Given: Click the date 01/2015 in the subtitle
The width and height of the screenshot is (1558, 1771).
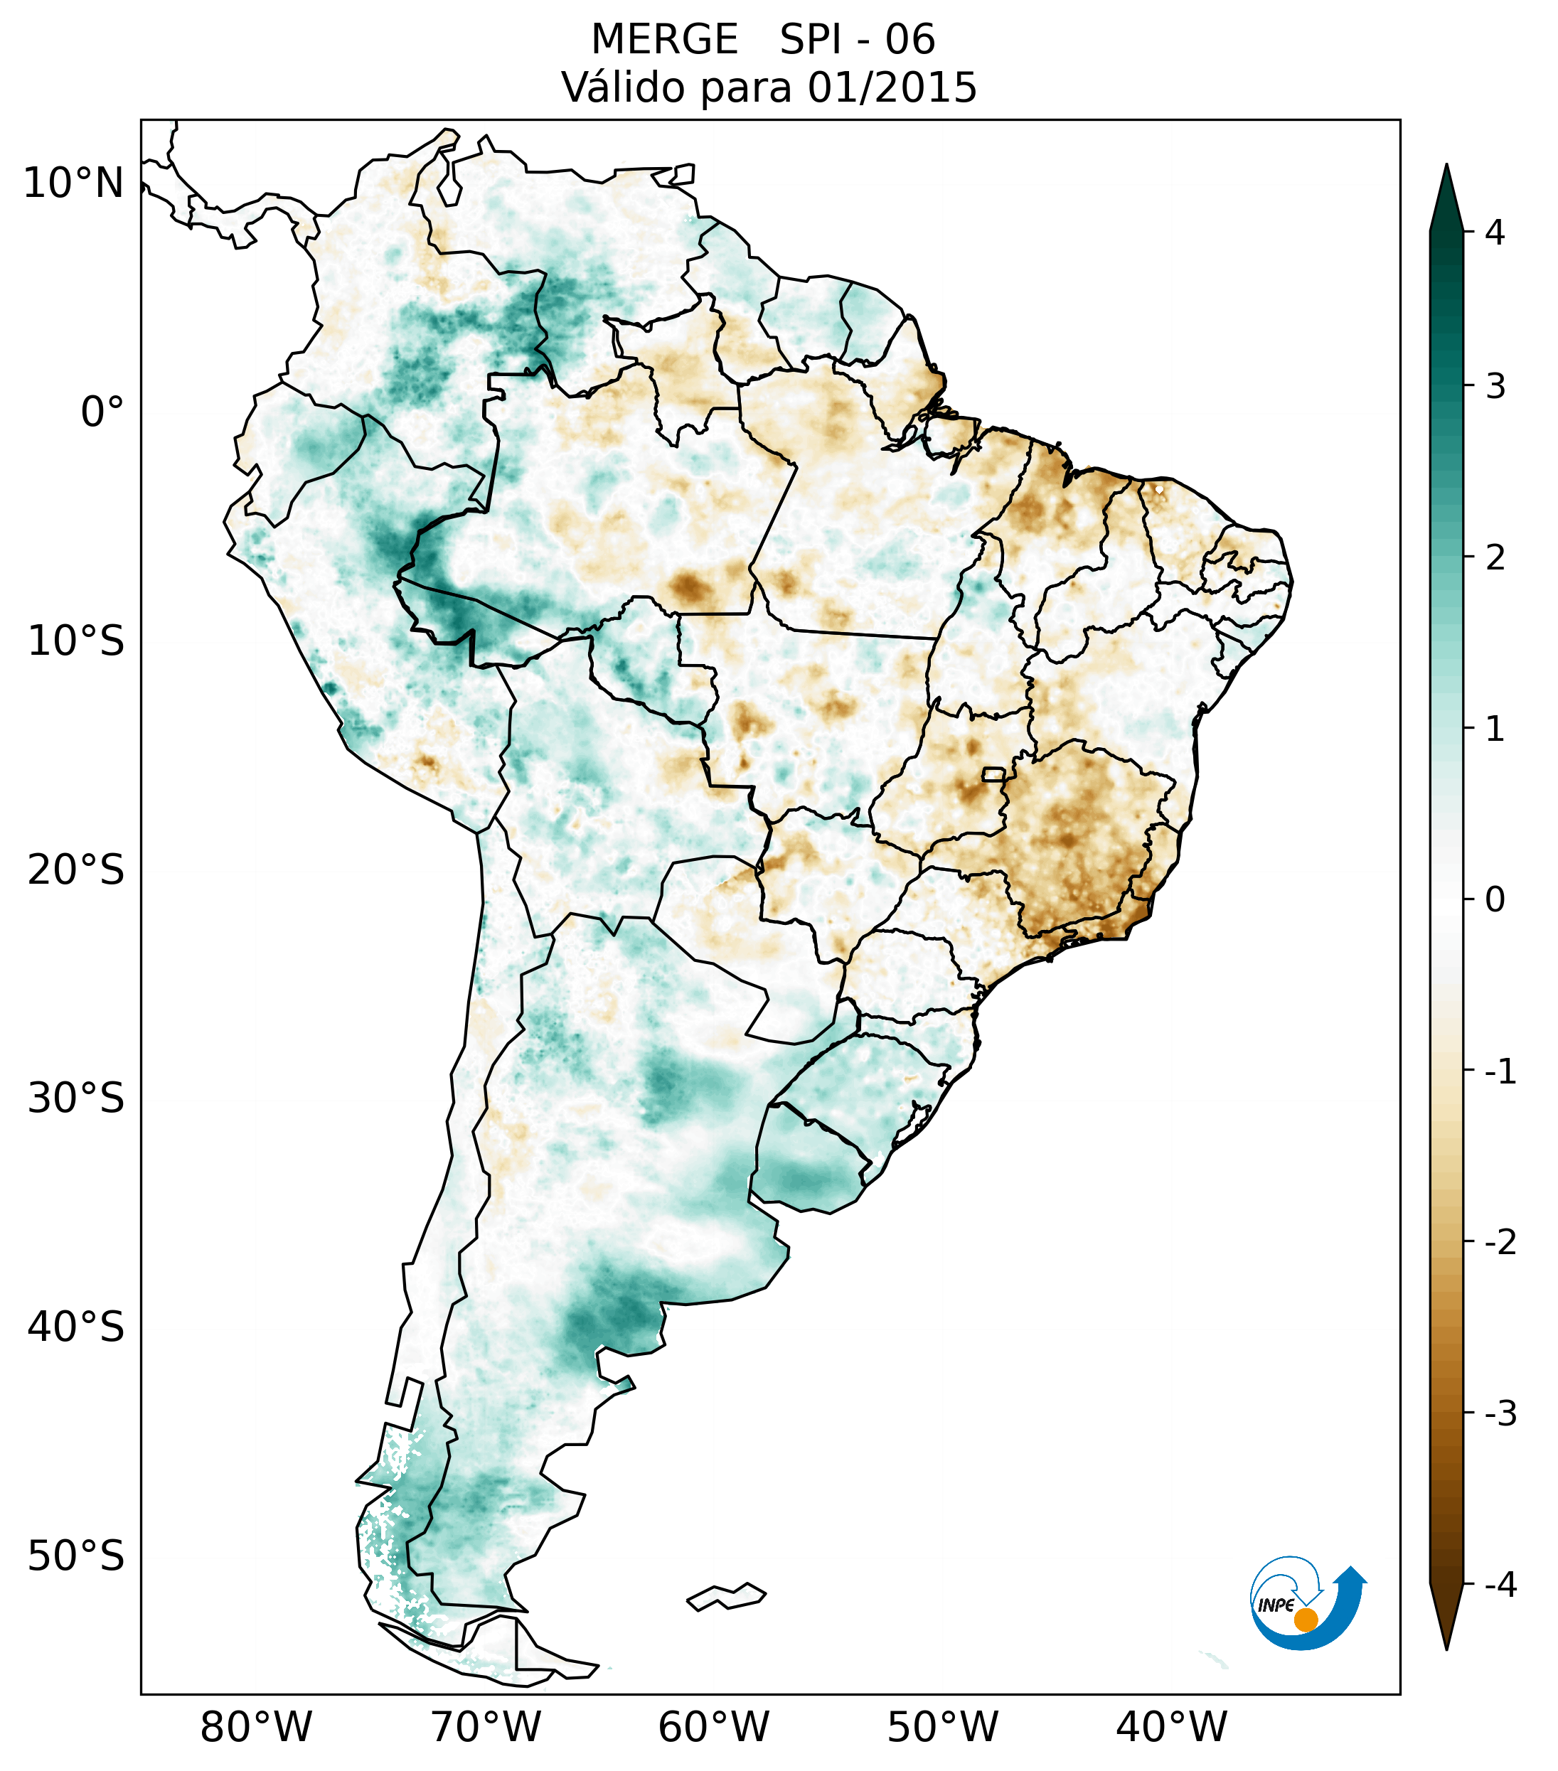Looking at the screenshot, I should (892, 87).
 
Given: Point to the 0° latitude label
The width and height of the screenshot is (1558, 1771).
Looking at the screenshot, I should (102, 412).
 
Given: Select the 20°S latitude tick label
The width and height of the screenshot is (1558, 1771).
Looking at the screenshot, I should (76, 870).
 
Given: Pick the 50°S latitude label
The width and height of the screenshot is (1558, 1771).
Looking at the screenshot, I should (76, 1556).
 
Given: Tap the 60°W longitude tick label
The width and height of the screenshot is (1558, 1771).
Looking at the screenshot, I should (713, 1728).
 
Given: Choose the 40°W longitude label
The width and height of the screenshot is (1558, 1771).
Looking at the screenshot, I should (1170, 1728).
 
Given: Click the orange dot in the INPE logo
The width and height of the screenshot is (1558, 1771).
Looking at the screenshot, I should (1305, 1619).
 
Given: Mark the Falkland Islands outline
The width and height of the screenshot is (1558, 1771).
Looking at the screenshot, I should (726, 1596).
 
